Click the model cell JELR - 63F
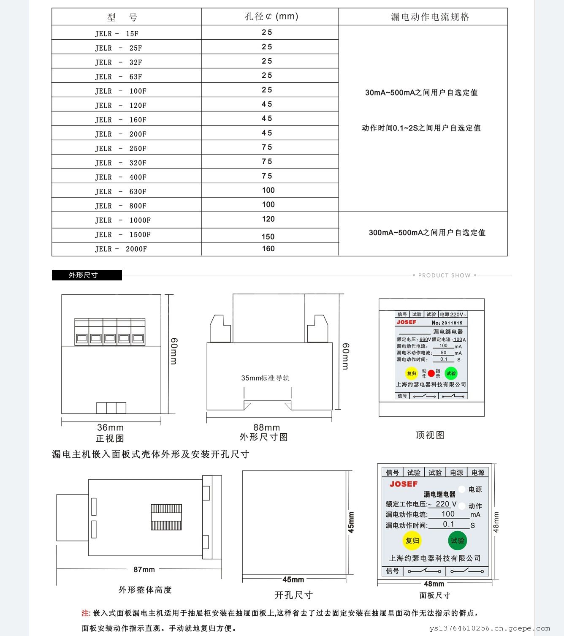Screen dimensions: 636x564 [119, 77]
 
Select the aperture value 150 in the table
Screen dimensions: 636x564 [268, 236]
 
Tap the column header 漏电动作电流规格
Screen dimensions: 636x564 [430, 17]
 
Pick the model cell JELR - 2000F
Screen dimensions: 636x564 [121, 249]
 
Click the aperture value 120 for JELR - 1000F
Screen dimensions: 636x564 [268, 219]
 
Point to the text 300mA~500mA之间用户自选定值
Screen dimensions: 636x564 [427, 233]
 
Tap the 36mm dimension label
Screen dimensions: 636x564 [110, 427]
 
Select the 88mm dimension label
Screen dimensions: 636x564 [266, 427]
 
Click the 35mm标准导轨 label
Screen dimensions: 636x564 [265, 378]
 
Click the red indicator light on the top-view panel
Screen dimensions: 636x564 [431, 373]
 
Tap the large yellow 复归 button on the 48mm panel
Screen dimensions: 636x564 [412, 541]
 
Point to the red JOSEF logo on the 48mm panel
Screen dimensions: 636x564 [404, 484]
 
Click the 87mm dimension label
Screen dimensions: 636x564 [144, 570]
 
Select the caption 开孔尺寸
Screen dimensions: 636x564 [293, 595]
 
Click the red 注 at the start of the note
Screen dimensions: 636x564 [85, 613]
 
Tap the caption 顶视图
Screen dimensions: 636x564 [430, 435]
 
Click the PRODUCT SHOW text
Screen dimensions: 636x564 [444, 275]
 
